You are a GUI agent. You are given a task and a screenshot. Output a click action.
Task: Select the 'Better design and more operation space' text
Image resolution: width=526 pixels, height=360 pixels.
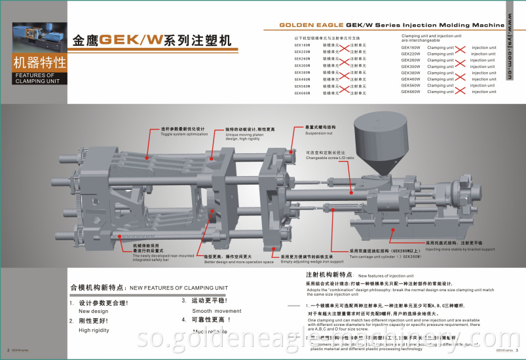tap(229, 261)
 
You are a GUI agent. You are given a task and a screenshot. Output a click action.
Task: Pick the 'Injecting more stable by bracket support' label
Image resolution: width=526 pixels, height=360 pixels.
tap(460, 249)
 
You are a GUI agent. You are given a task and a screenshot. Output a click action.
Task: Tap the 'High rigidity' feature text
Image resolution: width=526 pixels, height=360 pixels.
tap(94, 330)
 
